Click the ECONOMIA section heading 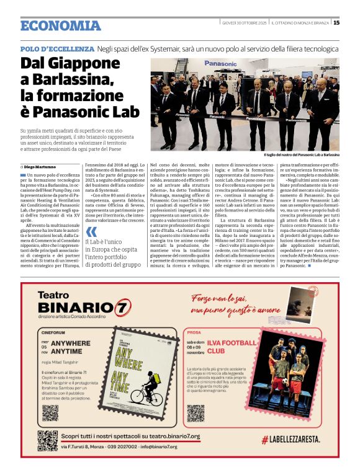pyautogui.click(x=60, y=25)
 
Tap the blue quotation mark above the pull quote pyautogui.click(x=91, y=231)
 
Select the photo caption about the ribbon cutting pyautogui.click(x=301, y=154)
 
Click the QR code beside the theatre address pyautogui.click(x=47, y=440)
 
